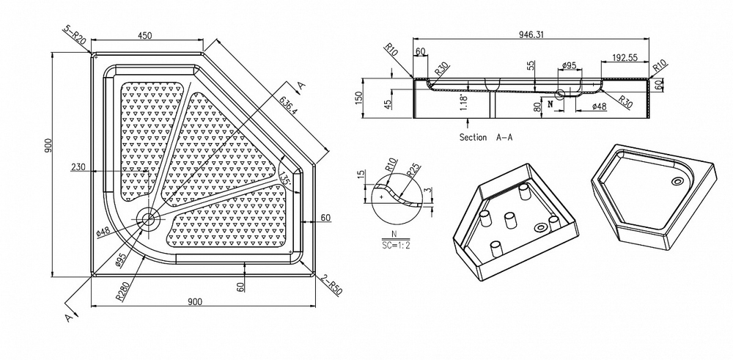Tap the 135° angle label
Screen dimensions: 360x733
click(x=286, y=178)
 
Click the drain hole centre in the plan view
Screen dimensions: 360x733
click(x=149, y=218)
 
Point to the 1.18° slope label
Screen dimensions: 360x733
click(x=463, y=103)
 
